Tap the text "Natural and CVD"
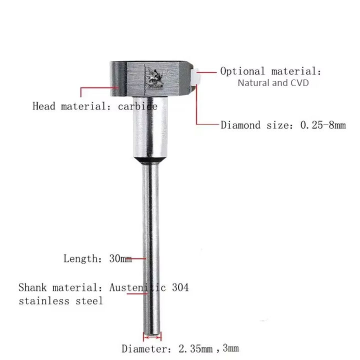pyautogui.click(x=273, y=83)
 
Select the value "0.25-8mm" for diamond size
pyautogui.click(x=322, y=125)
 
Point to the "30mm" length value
pyautogui.click(x=120, y=259)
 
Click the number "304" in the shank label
pyautogui.click(x=180, y=288)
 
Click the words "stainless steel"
pyautogui.click(x=60, y=301)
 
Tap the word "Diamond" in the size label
pyautogui.click(x=241, y=125)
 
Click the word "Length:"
pyautogui.click(x=82, y=259)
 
